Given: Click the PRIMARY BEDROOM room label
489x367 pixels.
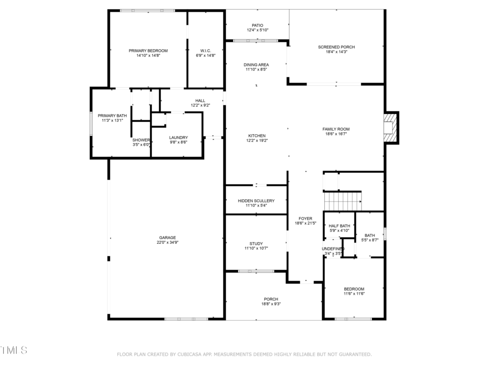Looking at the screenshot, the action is point(148,51).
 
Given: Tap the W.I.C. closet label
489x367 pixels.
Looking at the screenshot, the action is point(205,51).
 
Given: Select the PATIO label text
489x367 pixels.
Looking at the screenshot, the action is point(257,25).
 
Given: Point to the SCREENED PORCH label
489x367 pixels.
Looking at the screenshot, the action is point(337,47).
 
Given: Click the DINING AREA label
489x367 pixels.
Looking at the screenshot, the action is point(256,65).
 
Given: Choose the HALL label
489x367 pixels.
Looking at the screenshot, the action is point(200,100).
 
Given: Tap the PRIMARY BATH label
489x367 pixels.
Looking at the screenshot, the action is point(112,116).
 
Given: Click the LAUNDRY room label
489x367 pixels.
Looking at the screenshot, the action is point(179,137).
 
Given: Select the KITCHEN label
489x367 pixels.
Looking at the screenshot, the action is point(257,136).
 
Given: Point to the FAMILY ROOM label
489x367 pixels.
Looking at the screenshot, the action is point(336,129).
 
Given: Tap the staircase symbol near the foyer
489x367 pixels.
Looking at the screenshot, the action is point(343,201).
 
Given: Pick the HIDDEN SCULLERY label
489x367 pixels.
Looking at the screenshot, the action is point(256,201).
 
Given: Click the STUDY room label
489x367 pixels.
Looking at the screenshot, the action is point(256,243).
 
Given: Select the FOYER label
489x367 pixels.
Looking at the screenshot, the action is point(305,218).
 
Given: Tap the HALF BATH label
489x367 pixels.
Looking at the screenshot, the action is point(340,226).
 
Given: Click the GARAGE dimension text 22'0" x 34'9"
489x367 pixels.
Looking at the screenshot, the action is point(168,242).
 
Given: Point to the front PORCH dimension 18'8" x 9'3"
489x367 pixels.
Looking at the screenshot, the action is point(271,303).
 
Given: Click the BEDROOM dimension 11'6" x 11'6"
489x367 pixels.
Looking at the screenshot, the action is point(354,294).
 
